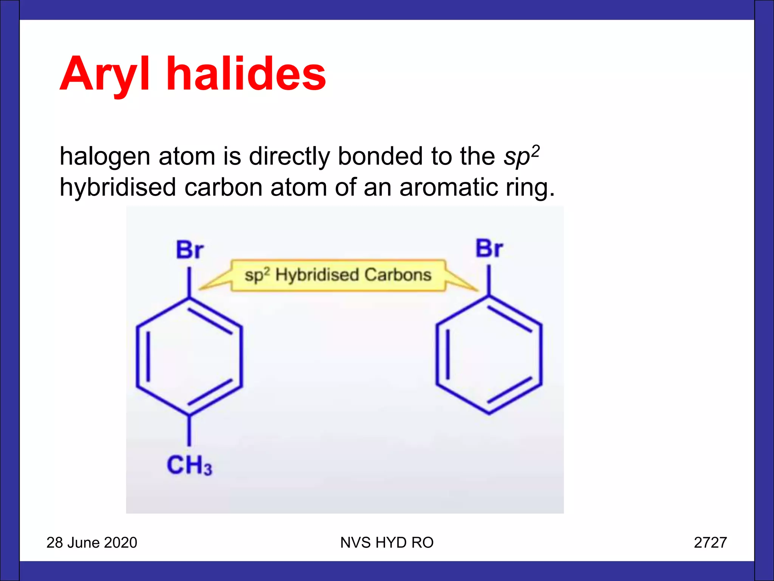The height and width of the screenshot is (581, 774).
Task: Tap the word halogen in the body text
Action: coord(105,157)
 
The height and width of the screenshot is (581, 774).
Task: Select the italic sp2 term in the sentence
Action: coord(521,155)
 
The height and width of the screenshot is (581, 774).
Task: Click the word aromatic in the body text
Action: coord(449,187)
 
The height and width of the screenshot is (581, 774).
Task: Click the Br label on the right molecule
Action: coord(489,249)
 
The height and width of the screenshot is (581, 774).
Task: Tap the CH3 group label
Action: coord(189,465)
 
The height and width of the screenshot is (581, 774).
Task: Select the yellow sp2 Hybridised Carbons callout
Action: coord(338,275)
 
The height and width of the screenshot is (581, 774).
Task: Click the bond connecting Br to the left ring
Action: coord(189,282)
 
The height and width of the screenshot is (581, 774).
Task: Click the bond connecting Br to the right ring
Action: coord(489,280)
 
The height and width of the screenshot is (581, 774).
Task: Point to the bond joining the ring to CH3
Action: coord(189,431)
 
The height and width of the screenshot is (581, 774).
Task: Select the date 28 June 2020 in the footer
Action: coord(92,542)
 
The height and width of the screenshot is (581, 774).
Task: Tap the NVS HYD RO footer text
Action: coord(387,542)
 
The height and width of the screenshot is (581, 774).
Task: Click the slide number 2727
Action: coord(710,542)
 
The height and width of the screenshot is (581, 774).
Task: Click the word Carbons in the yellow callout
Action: coord(398,275)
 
